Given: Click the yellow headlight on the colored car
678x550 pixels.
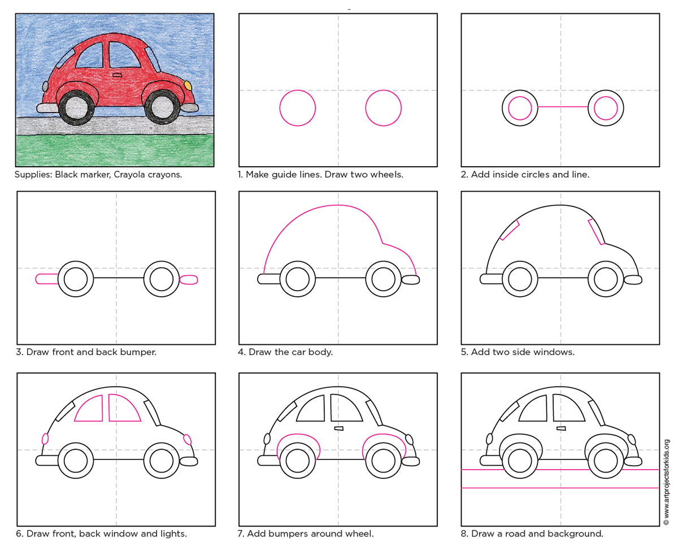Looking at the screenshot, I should [x=188, y=85].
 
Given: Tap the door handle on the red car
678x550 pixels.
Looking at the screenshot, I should [x=117, y=75].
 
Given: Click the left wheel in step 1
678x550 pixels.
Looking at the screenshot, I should [x=297, y=107].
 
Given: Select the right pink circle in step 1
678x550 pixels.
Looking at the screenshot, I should [x=383, y=107].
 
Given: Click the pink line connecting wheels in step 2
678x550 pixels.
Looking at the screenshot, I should [x=562, y=106].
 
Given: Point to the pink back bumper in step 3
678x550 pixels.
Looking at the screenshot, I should [x=47, y=278].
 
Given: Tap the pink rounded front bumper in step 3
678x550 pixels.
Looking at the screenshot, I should [x=189, y=279].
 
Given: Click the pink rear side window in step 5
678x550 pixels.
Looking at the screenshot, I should [x=510, y=230].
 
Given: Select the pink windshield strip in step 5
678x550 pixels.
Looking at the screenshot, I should [x=596, y=232].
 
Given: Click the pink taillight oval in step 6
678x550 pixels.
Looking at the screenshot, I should [x=45, y=438].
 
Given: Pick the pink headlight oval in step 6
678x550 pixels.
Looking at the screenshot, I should [x=188, y=439].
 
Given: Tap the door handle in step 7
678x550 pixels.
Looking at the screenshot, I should [x=339, y=428].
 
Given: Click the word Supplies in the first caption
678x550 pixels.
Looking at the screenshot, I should [x=33, y=174].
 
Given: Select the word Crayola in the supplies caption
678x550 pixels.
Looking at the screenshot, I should [x=131, y=174].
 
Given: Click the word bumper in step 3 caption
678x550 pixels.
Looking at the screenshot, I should [x=137, y=352].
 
